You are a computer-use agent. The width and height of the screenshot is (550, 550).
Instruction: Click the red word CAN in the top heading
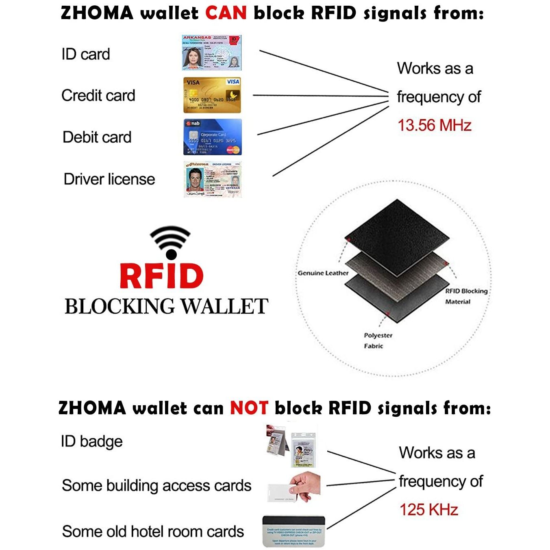226,13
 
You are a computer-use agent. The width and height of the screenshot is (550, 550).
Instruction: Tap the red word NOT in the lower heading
249,408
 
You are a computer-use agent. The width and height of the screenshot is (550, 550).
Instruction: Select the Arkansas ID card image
211,52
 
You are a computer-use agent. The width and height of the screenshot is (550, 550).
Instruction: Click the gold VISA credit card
212,95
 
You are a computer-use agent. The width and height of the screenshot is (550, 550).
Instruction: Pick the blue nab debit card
212,137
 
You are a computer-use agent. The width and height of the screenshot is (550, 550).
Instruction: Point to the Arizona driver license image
212,179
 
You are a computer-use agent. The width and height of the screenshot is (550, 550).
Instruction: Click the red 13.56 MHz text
434,125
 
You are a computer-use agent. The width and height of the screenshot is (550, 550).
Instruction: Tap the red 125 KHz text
428,509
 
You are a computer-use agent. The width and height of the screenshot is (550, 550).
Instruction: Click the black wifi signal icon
170,242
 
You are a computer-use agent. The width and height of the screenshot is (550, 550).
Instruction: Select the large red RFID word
161,276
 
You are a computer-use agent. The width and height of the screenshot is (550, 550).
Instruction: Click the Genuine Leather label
323,273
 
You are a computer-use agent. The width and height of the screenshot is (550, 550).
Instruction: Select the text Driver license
109,179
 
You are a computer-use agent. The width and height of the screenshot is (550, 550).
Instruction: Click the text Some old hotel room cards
153,531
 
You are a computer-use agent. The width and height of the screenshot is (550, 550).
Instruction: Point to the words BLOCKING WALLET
166,307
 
